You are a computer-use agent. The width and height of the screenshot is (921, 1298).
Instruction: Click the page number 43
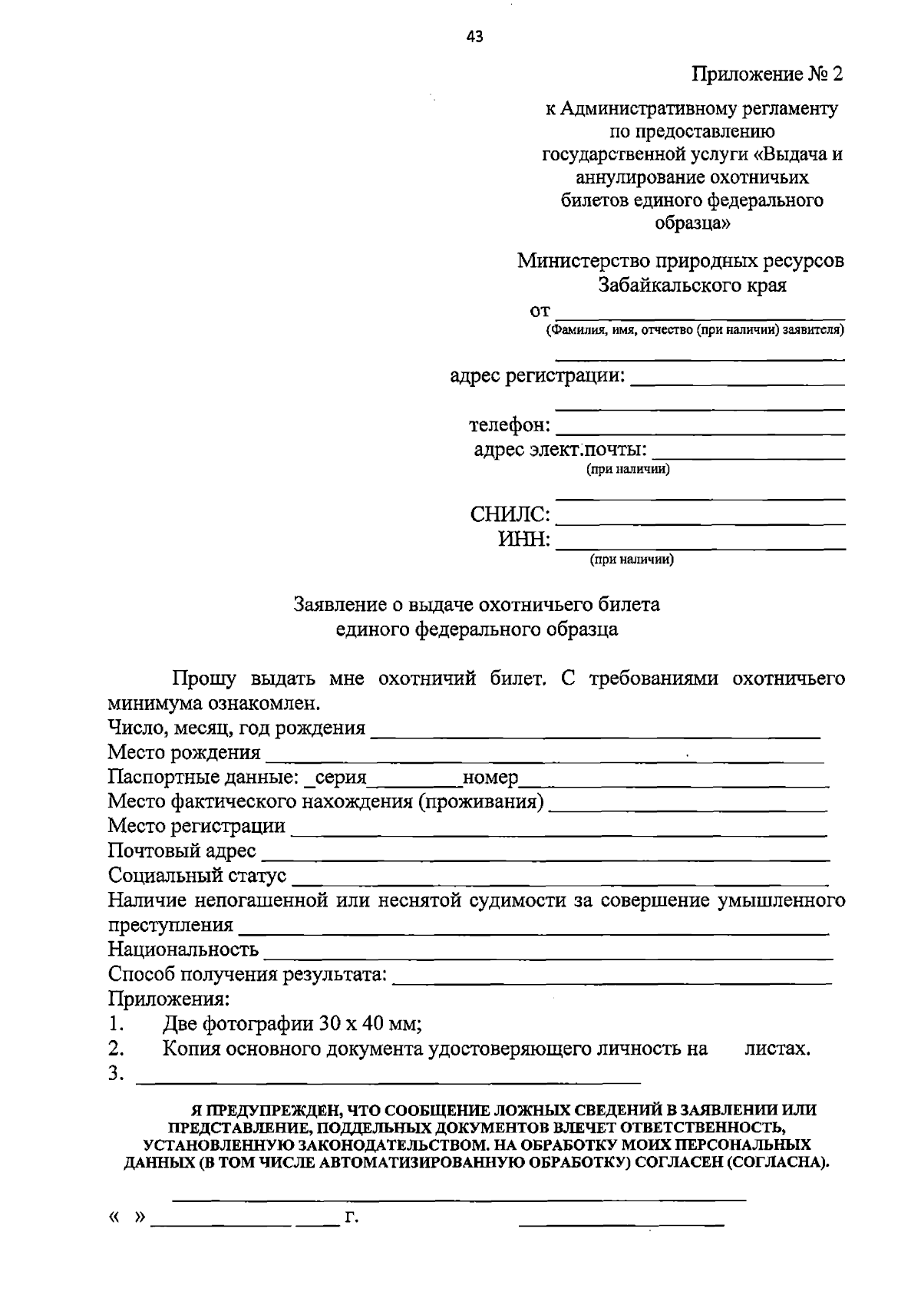click(x=474, y=36)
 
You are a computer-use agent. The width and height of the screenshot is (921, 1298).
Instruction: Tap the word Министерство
click(x=583, y=261)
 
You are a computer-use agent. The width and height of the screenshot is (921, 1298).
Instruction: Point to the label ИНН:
click(x=524, y=540)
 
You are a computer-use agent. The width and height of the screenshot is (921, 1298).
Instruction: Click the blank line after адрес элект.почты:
click(x=748, y=453)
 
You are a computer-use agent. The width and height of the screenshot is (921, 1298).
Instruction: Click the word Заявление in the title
click(x=340, y=605)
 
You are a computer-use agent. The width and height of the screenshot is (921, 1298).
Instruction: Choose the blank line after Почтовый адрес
click(x=545, y=855)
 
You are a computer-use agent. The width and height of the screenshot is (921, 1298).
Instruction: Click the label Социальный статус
click(x=197, y=876)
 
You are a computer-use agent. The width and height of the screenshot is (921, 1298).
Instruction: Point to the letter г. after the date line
click(x=352, y=1217)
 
